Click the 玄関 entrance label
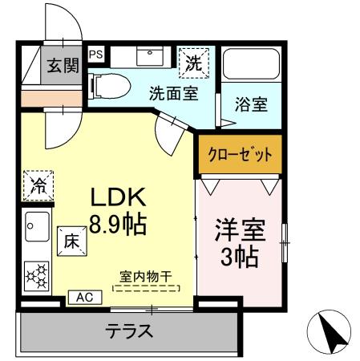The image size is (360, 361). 62,66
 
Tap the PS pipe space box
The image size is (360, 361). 96,55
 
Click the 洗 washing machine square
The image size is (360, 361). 195,61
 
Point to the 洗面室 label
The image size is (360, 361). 172,92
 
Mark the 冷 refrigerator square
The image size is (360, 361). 38,185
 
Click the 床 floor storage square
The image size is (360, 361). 71,239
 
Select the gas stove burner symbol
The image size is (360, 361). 37,274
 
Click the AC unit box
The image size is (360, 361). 84,297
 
